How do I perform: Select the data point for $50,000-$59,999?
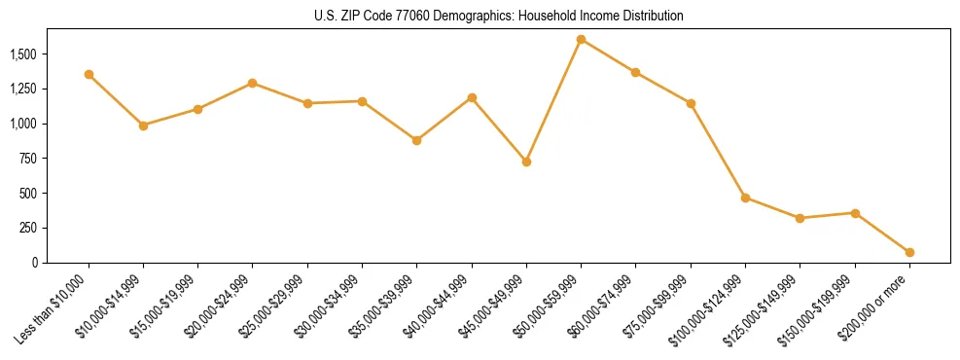[581, 40]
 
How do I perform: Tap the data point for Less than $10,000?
[89, 75]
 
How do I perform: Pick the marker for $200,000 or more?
[909, 252]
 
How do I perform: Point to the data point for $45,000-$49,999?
[526, 162]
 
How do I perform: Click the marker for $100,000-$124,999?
[745, 198]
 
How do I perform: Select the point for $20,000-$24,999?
[253, 83]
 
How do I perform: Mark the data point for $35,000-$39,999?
[416, 140]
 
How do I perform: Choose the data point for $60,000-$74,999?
[635, 72]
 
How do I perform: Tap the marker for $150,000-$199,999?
[855, 213]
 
